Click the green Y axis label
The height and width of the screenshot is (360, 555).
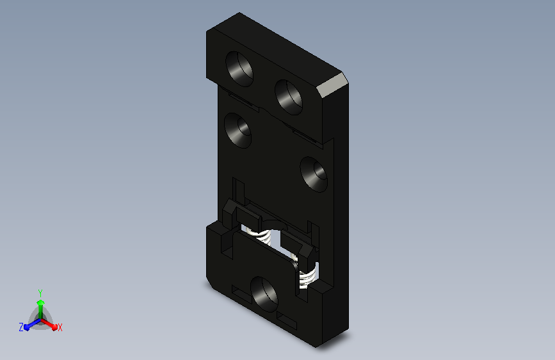[x=40, y=293]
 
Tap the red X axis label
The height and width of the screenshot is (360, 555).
[x=60, y=328]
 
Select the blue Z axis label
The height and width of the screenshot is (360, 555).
[x=21, y=327]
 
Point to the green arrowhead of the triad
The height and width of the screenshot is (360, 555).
[x=41, y=303]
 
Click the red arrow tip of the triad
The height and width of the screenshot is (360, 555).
[x=54, y=327]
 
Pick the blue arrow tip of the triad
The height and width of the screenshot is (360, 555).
[x=27, y=327]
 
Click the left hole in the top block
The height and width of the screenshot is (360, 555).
[x=239, y=69]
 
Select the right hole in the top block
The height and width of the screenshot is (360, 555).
[x=289, y=97]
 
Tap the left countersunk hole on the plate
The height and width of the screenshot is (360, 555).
[x=238, y=131]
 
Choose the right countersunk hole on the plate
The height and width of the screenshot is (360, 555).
[x=314, y=174]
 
